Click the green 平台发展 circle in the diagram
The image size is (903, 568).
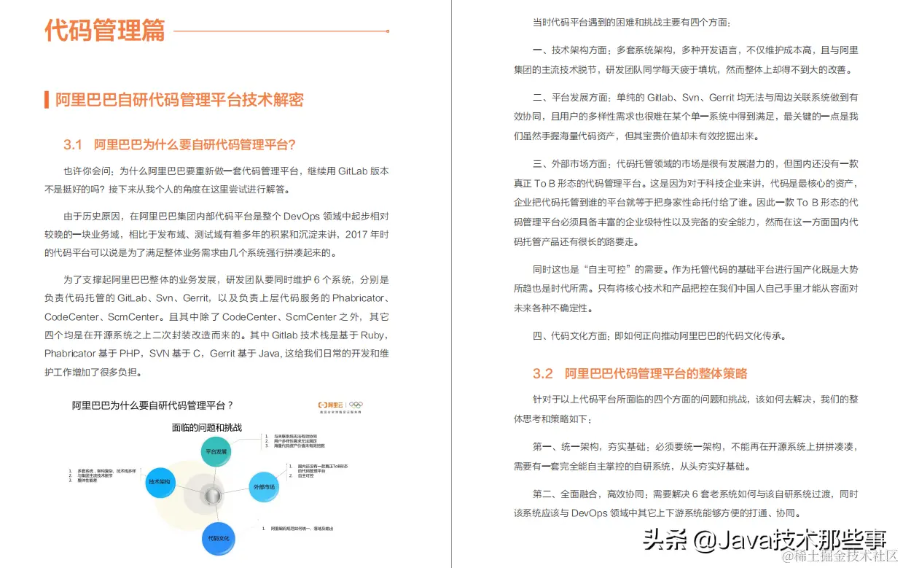point(216,451)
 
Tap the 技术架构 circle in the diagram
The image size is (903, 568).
point(160,482)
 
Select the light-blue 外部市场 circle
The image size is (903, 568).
point(264,486)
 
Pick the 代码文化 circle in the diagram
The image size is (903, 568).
point(219,538)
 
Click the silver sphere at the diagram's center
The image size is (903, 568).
point(212,496)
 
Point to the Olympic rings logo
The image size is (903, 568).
point(356,405)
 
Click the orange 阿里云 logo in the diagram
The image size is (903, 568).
point(330,405)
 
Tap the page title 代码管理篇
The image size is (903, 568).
point(105,31)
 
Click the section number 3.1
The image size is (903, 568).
point(73,144)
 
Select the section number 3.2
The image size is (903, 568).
point(543,374)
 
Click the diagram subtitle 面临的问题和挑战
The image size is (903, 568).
point(206,427)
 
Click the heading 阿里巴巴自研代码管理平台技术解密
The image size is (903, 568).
point(179,101)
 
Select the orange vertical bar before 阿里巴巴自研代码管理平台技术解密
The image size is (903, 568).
point(47,101)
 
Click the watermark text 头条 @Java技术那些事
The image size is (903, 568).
point(765,540)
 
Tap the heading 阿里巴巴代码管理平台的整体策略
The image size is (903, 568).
point(656,374)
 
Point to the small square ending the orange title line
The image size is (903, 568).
point(387,31)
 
